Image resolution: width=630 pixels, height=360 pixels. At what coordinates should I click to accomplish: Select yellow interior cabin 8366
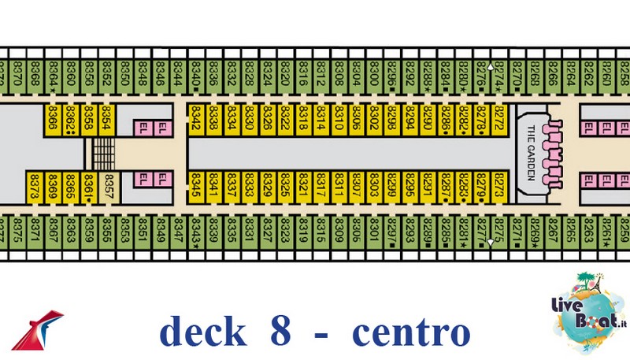click(53, 119)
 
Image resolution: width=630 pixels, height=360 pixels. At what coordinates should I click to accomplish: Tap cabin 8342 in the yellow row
click(196, 119)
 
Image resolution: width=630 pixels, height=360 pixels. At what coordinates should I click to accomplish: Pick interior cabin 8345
click(196, 188)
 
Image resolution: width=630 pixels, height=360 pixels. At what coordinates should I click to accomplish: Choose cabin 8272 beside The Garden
click(498, 119)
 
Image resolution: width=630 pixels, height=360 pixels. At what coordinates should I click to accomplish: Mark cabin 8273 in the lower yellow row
click(498, 188)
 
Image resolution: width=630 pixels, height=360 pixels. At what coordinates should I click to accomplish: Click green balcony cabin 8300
click(375, 79)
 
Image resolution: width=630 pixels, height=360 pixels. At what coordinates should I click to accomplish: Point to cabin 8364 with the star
click(53, 79)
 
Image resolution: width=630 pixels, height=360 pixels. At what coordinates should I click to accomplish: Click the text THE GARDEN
click(530, 154)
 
